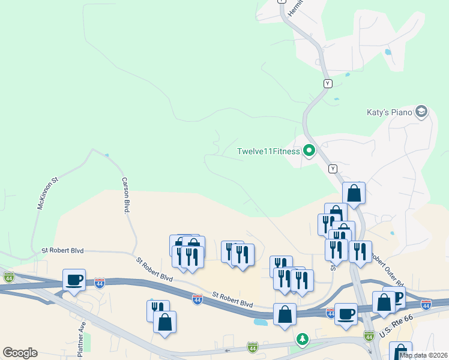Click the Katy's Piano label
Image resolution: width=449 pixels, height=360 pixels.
389,112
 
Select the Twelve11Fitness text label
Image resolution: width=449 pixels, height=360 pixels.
268,151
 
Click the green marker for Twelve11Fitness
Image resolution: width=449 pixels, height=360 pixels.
309,151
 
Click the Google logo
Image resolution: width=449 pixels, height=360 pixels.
20,353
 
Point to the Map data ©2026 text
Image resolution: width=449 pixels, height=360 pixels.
423,355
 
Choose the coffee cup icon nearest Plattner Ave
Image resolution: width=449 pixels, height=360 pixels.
74,280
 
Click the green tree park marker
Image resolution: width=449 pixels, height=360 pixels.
303,340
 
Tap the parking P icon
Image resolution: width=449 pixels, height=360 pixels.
396,296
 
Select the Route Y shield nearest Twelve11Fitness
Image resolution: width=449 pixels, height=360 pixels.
333,169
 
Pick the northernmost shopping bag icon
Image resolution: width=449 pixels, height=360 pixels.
354,193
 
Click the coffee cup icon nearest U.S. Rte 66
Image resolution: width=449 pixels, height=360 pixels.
346,314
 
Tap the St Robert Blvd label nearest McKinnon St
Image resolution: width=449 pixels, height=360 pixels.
62,250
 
